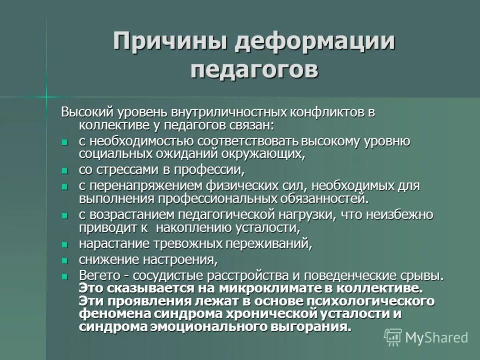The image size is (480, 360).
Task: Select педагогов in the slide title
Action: click(x=254, y=69)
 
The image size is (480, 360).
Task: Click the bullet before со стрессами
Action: click(x=64, y=171)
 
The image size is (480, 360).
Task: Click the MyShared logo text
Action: click(x=436, y=337)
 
